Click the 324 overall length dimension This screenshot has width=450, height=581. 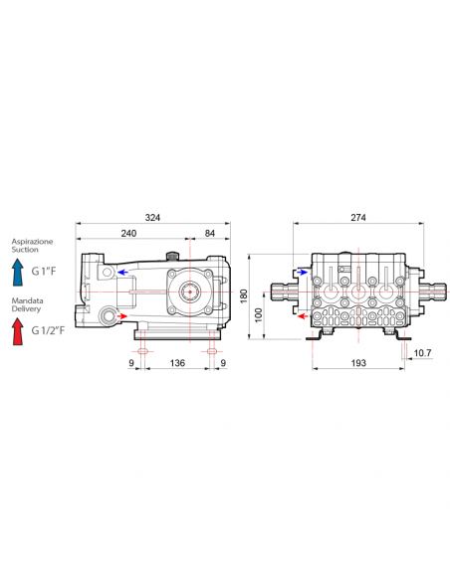pos(152,218)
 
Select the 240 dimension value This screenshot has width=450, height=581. pos(128,234)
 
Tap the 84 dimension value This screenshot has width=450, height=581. pos(210,234)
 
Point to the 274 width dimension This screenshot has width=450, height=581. pos(358,218)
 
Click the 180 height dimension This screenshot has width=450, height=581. pos(244,296)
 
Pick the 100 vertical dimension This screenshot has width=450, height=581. pos(259,315)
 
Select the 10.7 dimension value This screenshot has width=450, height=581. pos(422,353)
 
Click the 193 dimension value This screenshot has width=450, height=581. pos(358,363)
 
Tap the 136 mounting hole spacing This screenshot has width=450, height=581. pos(177,363)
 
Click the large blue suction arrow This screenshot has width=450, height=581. pos(17,272)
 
